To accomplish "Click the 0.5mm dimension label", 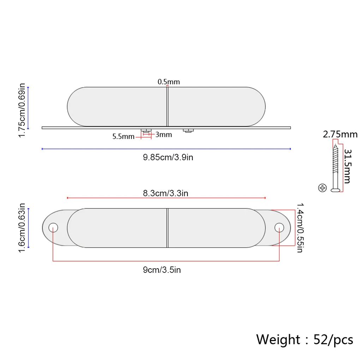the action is tap(168, 82).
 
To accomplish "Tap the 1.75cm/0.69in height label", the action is tap(22, 110).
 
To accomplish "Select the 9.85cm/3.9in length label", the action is tap(168, 157).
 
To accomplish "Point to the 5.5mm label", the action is tap(123, 136).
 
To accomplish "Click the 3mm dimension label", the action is tap(163, 134).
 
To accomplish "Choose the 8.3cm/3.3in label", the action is tap(166, 193).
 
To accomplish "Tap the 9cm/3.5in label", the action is tap(162, 270).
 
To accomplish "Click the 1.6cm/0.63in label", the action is tap(22, 228).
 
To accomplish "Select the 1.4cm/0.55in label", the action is tap(300, 228).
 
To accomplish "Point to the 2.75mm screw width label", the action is tap(340, 134).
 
